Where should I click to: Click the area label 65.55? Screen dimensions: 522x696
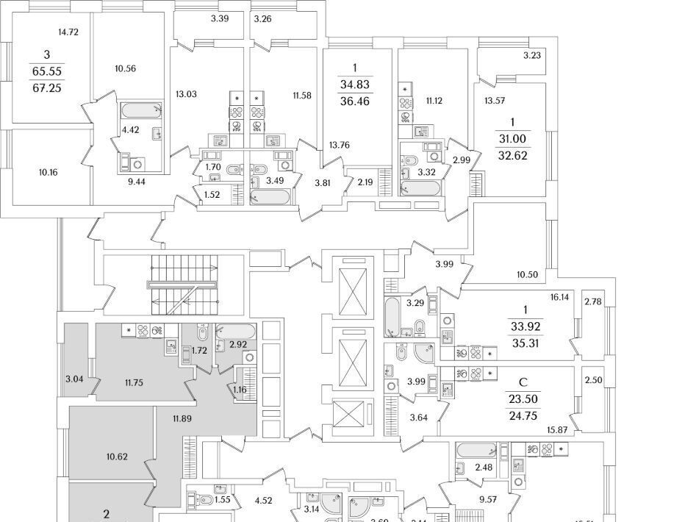tap(46, 71)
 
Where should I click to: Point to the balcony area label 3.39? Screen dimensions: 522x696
tap(219, 18)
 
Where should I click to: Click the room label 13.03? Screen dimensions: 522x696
tap(186, 94)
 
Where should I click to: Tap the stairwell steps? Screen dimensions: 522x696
tap(184, 284)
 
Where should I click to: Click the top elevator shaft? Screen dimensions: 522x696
tap(352, 292)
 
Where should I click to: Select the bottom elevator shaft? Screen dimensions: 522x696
tap(352, 414)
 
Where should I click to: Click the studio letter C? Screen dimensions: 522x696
tap(523, 382)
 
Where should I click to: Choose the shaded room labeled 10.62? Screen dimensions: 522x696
tap(116, 456)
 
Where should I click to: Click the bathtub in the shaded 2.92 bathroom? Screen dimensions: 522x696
tap(234, 331)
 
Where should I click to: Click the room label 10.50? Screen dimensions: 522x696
tap(527, 274)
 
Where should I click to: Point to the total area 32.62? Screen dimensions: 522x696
tap(513, 156)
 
